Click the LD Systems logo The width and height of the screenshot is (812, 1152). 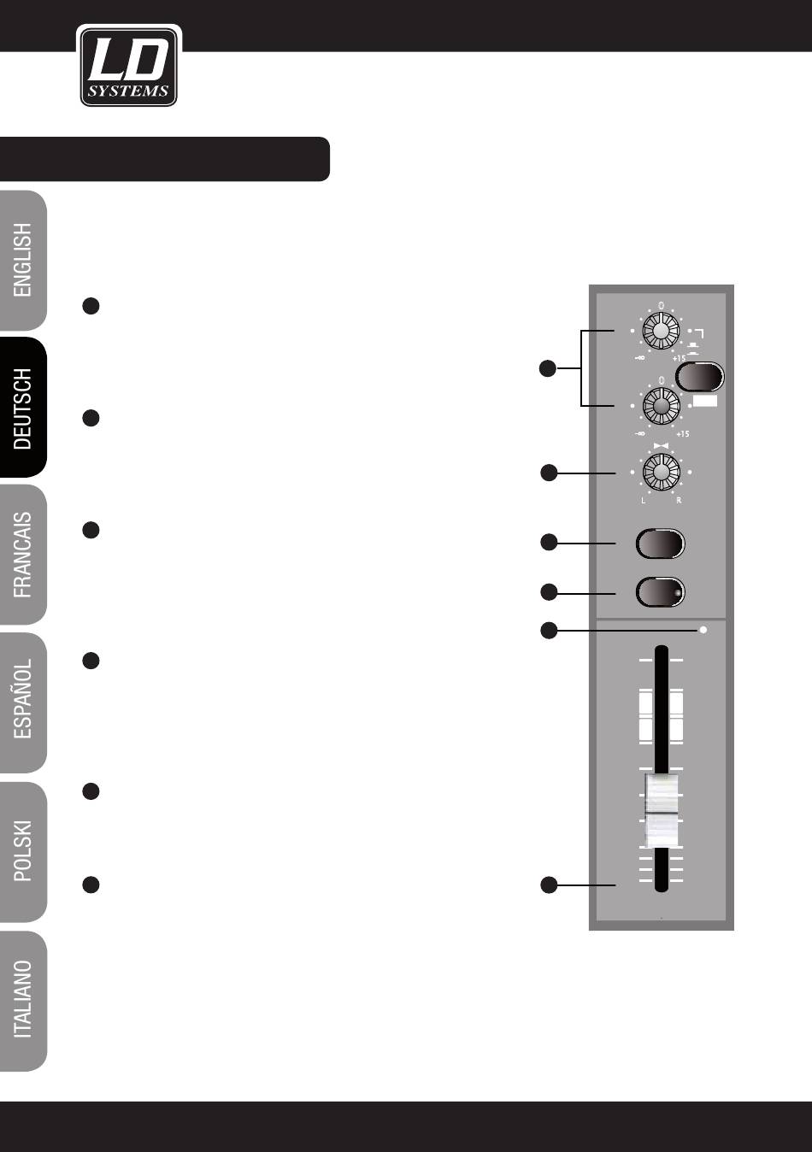(128, 66)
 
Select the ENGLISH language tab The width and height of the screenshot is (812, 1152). (23, 261)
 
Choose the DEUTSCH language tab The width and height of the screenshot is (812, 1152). (23, 408)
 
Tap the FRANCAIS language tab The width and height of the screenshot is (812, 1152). (23, 555)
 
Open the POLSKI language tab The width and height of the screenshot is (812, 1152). (23, 850)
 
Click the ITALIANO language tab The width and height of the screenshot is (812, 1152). (23, 999)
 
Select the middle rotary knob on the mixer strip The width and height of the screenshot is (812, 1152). (660, 405)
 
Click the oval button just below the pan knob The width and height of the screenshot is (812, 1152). (661, 544)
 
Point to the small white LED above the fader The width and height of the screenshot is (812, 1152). (703, 631)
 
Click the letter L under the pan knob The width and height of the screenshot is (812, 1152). (643, 501)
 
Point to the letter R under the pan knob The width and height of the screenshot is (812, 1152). (679, 501)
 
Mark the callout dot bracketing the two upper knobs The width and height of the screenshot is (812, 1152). (548, 368)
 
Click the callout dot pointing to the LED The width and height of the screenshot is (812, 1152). (548, 631)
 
